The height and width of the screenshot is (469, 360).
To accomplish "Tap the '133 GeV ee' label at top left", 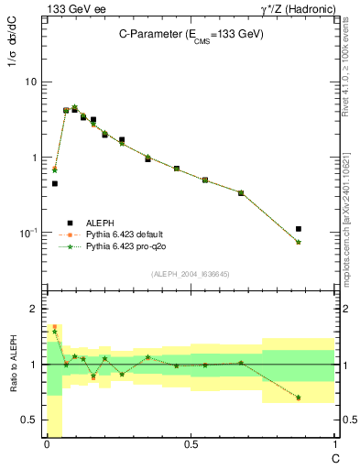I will [71, 8].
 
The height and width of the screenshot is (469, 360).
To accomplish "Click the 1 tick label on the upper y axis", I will [34, 158].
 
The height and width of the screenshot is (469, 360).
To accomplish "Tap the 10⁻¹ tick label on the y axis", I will [29, 233].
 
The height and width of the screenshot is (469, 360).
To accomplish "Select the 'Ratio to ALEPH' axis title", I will [12, 365].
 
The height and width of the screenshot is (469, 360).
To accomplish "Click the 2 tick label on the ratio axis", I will [34, 309].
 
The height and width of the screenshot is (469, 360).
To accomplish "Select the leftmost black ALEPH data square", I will [55, 183].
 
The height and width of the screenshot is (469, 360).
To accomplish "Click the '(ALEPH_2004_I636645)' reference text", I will [191, 274].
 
